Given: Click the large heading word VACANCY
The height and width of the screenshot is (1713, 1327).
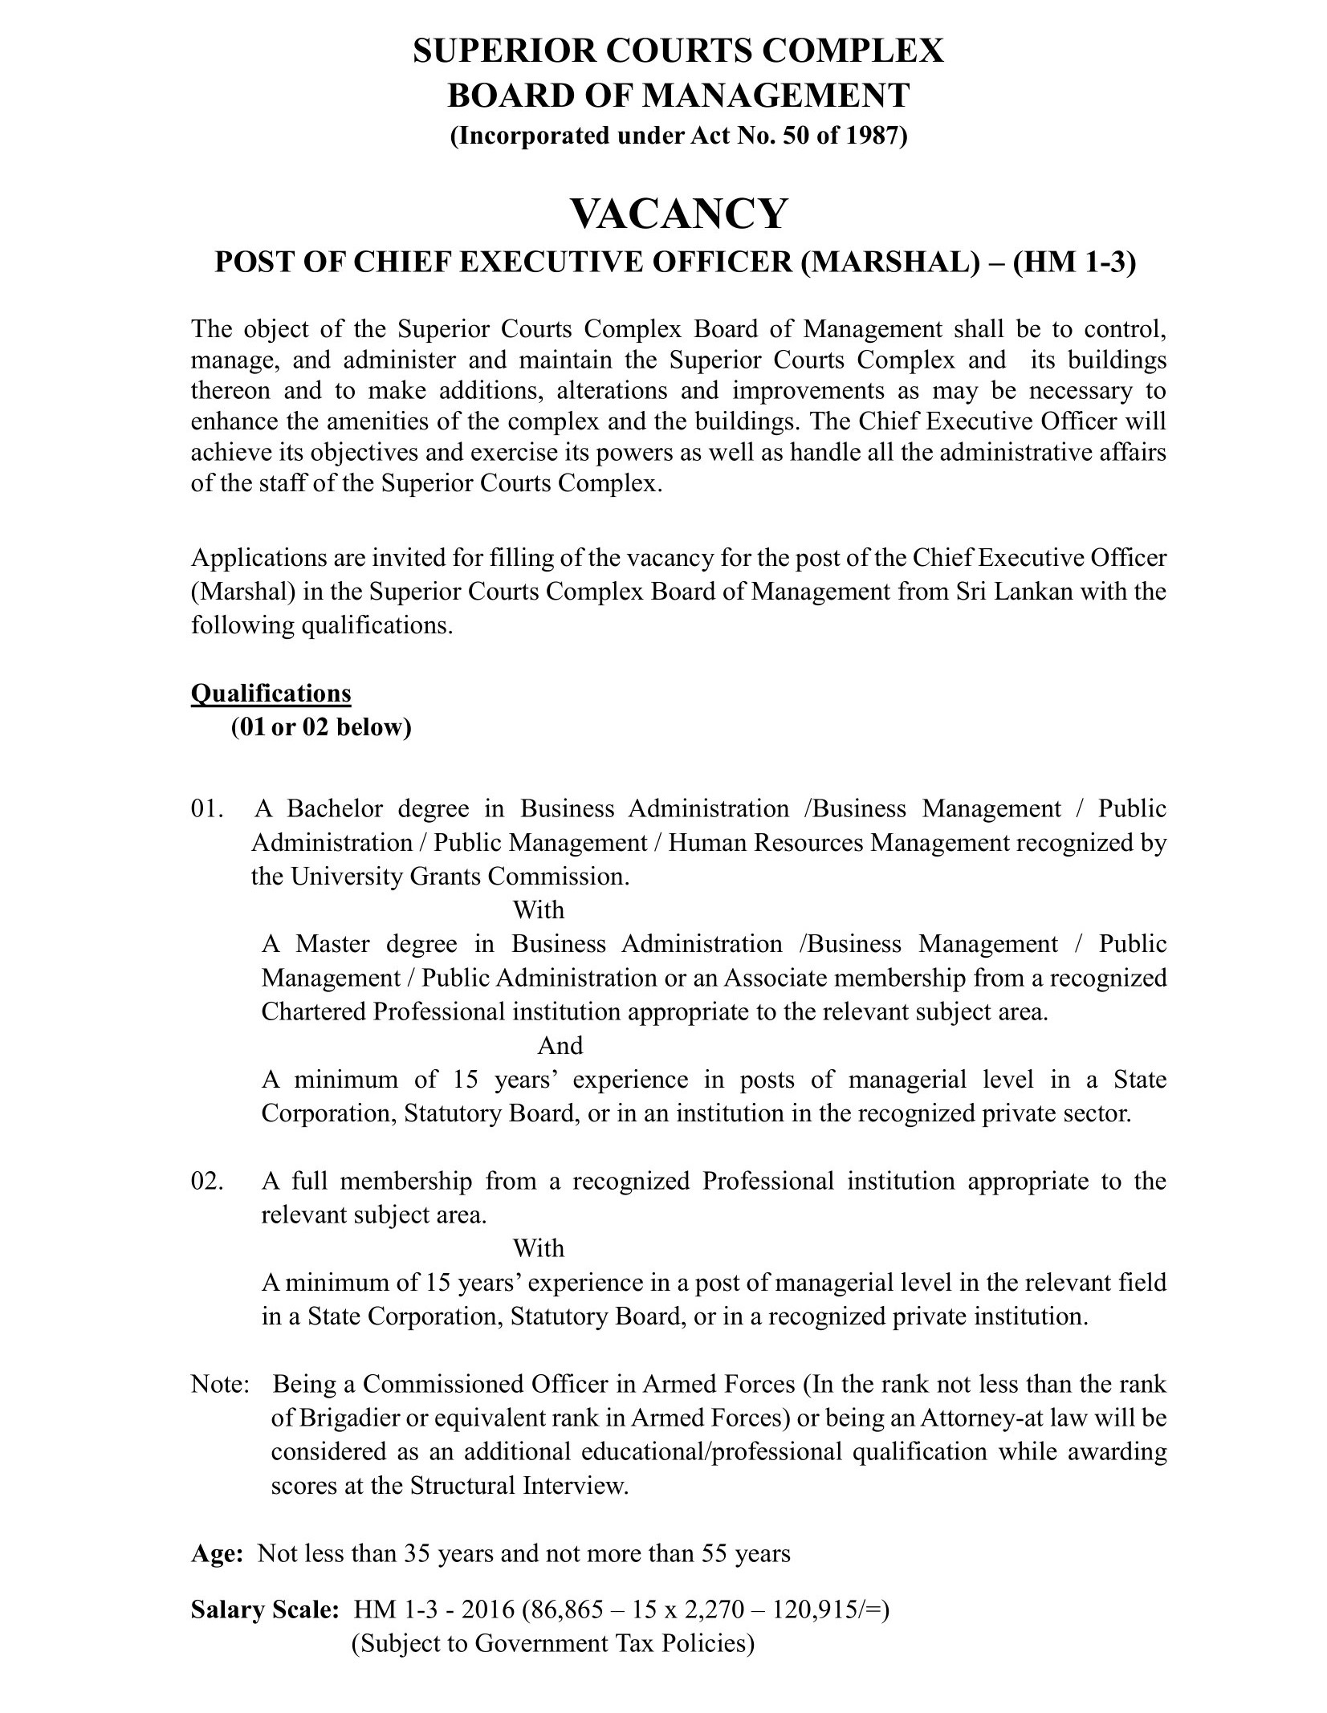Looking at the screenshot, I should point(678,214).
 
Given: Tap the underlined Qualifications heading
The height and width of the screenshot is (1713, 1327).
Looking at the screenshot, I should point(271,693).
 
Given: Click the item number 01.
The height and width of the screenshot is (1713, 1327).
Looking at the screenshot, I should point(205,809).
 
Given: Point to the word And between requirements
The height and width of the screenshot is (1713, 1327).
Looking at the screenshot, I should point(560,1046).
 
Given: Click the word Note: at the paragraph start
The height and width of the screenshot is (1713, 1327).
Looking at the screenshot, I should point(220,1384).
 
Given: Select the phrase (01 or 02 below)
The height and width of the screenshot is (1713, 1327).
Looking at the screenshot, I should point(321,727).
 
